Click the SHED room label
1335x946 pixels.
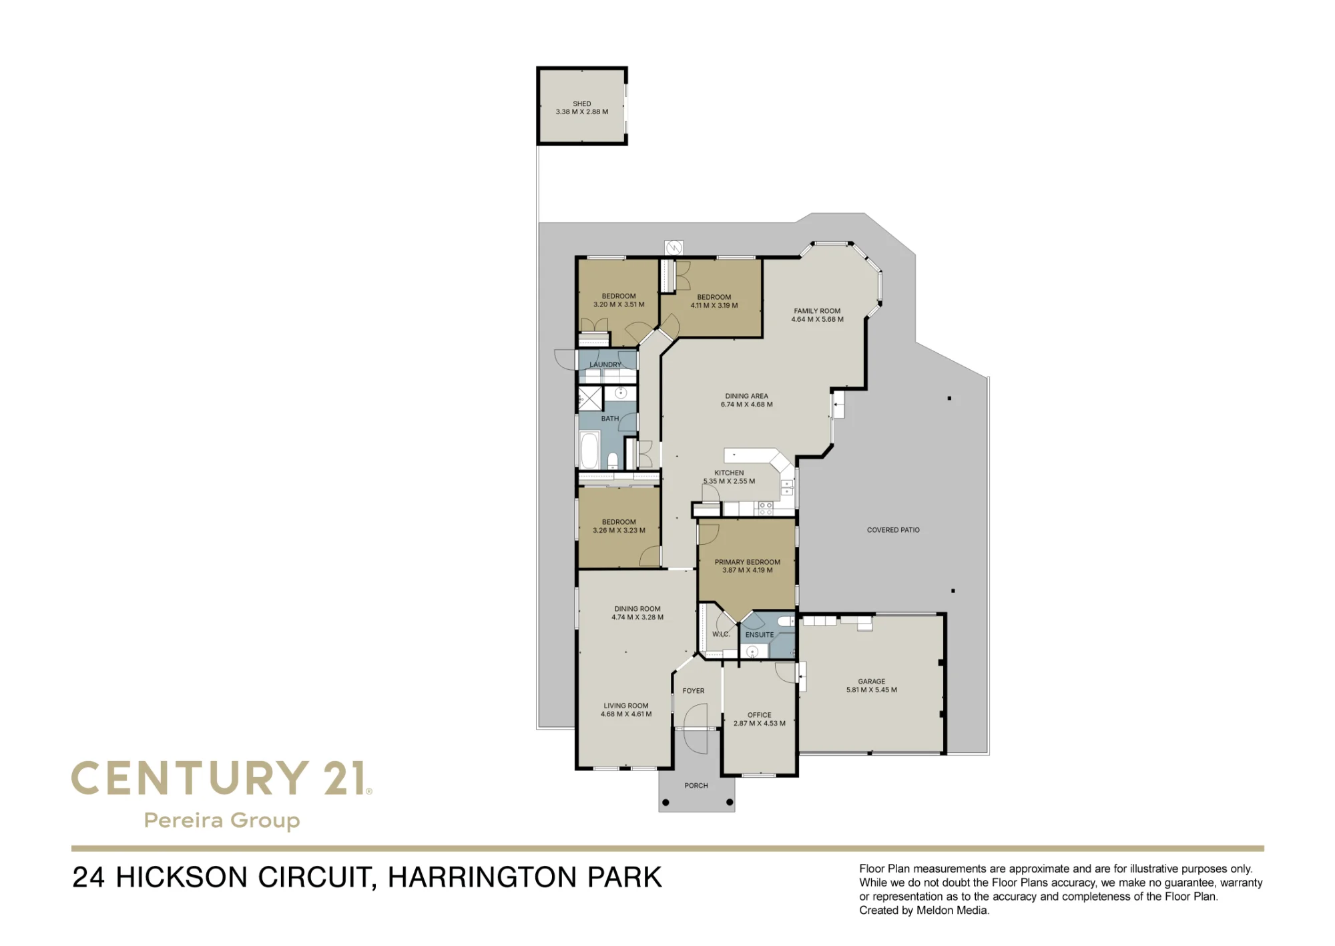pyautogui.click(x=582, y=103)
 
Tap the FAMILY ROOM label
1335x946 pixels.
pyautogui.click(x=817, y=311)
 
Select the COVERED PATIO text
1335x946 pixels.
pyautogui.click(x=893, y=530)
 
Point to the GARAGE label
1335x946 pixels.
pyautogui.click(x=872, y=682)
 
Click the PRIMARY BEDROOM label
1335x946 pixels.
pyautogui.click(x=748, y=562)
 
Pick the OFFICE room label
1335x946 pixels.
pyautogui.click(x=760, y=715)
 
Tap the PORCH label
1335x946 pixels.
pyautogui.click(x=696, y=786)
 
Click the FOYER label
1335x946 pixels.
pyautogui.click(x=694, y=691)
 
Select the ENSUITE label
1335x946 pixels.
pyautogui.click(x=760, y=635)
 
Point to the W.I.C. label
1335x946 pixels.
pyautogui.click(x=721, y=634)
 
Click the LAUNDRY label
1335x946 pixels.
pyautogui.click(x=605, y=365)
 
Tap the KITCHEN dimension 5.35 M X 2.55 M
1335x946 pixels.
pyautogui.click(x=729, y=481)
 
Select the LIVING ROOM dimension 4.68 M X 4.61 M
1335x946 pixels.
pyautogui.click(x=626, y=714)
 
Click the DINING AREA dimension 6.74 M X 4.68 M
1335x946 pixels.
pyautogui.click(x=747, y=405)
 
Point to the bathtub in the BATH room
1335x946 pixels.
pyautogui.click(x=589, y=450)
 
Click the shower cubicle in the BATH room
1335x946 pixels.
pyautogui.click(x=590, y=399)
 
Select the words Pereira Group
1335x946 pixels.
pyautogui.click(x=222, y=820)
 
